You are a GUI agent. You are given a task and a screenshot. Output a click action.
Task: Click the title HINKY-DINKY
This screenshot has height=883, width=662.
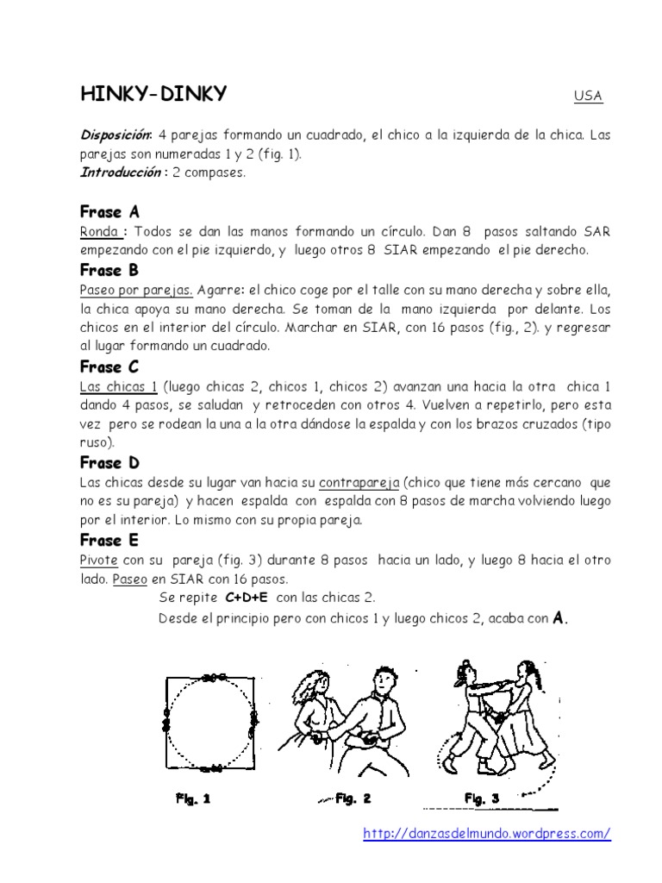[x=153, y=94]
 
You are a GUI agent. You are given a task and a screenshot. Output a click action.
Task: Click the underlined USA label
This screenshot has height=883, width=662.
[x=588, y=96]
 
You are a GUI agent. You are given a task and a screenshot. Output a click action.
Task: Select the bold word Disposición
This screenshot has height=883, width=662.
[x=116, y=135]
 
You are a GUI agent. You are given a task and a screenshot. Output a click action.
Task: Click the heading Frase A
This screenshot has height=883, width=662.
[x=109, y=212]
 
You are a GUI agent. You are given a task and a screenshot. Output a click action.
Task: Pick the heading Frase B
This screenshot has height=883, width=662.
[x=109, y=270]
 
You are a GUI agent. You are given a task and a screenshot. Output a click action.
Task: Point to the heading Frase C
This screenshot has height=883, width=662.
[x=109, y=366]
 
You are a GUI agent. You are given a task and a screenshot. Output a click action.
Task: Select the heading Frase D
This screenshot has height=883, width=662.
[x=109, y=463]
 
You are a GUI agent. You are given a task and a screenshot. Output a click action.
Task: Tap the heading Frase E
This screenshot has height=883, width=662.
[x=109, y=541]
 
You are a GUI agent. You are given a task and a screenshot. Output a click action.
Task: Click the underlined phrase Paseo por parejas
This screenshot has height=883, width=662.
[x=135, y=290]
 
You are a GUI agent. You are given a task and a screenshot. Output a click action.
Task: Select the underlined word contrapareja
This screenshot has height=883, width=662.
[x=359, y=483]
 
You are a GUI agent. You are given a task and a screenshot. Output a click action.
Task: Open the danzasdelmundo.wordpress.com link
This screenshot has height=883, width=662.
[x=486, y=833]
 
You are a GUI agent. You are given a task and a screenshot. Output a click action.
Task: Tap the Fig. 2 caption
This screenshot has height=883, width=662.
[x=353, y=798]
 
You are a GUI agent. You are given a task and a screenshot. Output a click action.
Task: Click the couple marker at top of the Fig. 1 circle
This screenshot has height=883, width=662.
[x=209, y=678]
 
